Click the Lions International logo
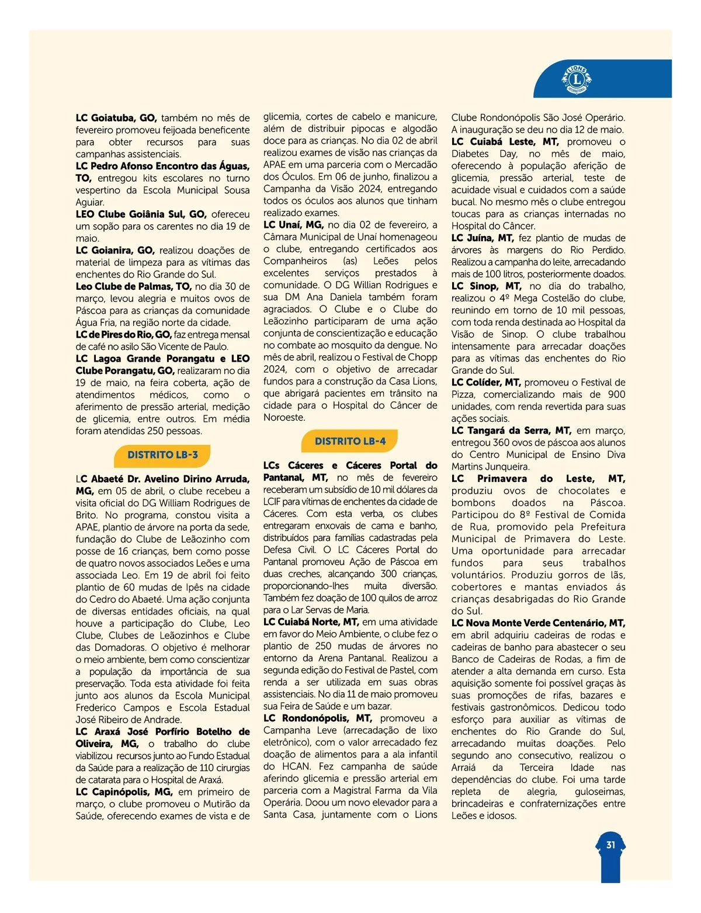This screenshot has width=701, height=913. coord(577,79)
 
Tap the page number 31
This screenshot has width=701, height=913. coord(610,845)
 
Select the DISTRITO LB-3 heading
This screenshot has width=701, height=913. coord(162,455)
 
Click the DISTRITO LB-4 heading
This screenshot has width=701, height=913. coord(350,442)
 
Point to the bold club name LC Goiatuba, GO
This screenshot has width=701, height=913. coord(116,118)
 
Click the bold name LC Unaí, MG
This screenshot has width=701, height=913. coord(293,225)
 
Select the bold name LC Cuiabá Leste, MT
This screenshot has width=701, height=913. coord(505,142)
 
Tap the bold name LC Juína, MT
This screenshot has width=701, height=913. coord(483,238)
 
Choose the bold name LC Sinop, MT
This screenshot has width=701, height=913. coord(486,286)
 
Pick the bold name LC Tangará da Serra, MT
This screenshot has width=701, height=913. coord(511,431)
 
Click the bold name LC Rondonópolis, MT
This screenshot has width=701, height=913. coord(318,718)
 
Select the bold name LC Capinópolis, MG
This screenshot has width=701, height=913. coord(124,792)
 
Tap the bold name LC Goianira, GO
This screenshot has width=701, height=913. coord(115,251)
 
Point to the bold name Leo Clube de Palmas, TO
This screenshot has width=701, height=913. coord(134,287)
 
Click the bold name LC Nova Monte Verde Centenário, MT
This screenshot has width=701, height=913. coord(538,623)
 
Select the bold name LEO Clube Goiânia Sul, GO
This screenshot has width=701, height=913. coord(141,214)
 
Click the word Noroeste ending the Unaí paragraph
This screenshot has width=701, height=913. coord(284,418)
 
